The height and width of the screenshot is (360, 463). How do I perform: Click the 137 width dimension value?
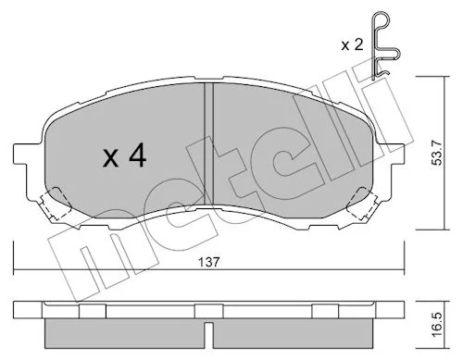click(x=209, y=262)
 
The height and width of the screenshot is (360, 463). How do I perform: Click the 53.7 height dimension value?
click(x=437, y=153)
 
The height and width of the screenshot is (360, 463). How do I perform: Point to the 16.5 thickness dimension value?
click(x=437, y=325)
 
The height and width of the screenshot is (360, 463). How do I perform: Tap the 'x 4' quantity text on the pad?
click(x=124, y=156)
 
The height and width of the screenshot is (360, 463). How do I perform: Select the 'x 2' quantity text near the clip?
click(x=352, y=45)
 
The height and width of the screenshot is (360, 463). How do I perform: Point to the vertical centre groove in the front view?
click(x=209, y=144)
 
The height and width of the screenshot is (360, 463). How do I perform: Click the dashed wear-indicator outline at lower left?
click(x=55, y=204)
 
